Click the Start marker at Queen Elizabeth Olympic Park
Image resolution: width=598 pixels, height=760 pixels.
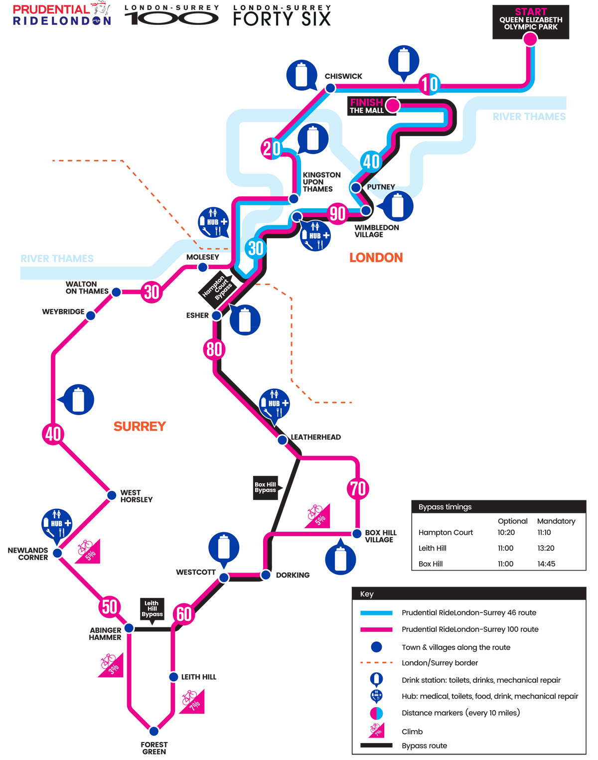click(x=530, y=38)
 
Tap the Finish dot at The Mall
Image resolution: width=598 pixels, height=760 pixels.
click(x=393, y=105)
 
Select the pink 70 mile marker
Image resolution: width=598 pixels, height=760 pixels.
click(x=358, y=488)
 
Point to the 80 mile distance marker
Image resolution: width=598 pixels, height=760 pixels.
click(x=214, y=349)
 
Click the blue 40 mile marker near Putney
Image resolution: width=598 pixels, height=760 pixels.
click(x=371, y=161)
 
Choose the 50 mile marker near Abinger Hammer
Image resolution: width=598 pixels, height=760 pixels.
click(x=109, y=607)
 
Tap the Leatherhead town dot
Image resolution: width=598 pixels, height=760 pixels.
click(x=282, y=440)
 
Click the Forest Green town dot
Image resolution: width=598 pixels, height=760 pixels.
click(x=154, y=731)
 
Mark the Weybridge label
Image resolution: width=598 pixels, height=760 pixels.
click(x=63, y=311)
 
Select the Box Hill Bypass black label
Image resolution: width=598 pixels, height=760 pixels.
click(x=266, y=487)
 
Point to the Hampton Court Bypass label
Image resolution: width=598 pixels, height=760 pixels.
click(x=216, y=288)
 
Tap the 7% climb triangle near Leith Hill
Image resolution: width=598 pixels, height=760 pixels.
click(x=192, y=702)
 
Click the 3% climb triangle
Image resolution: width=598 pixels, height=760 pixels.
click(x=111, y=665)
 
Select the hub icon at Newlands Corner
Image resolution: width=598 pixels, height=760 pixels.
click(x=57, y=524)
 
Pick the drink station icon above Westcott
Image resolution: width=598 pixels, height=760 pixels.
click(x=224, y=548)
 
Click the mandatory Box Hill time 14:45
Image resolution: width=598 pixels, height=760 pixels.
click(x=546, y=564)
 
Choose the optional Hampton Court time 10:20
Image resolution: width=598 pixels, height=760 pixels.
click(x=506, y=532)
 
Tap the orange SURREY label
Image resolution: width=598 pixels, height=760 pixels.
click(x=140, y=426)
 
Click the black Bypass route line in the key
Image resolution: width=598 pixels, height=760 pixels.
click(x=376, y=746)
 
